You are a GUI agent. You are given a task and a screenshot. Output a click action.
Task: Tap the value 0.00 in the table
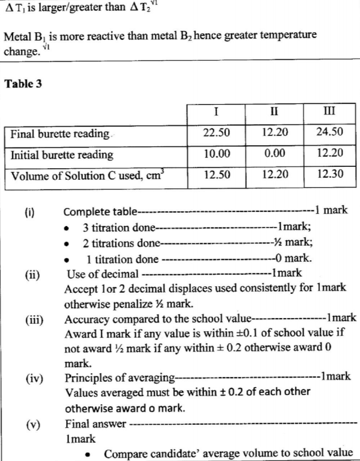(275, 154)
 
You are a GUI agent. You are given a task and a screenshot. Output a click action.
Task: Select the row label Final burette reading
(60, 134)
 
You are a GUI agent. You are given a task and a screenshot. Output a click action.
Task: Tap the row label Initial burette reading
(62, 155)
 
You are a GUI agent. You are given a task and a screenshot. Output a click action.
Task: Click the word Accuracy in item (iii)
(86, 318)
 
